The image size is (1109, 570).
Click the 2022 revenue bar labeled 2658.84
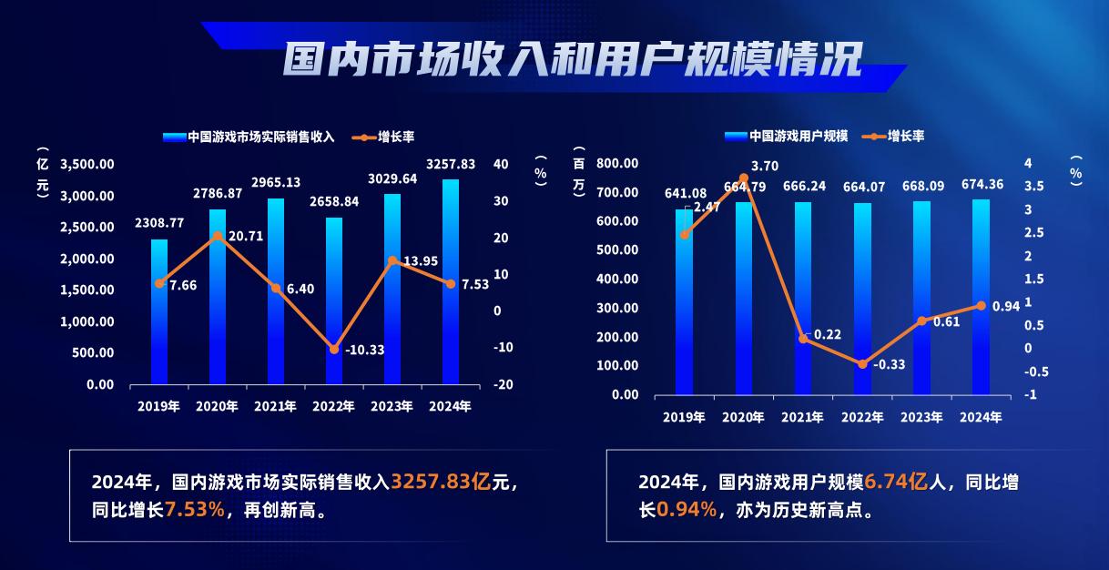tap(334, 301)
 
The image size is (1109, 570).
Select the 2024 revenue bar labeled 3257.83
tap(451, 281)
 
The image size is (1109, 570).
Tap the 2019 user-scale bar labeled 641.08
tap(684, 302)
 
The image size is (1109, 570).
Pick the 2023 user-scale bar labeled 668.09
tap(921, 298)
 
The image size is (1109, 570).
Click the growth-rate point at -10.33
tap(334, 349)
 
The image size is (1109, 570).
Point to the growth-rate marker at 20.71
tap(218, 236)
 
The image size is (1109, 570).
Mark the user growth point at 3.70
tap(744, 178)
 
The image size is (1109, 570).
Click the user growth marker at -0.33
tap(862, 364)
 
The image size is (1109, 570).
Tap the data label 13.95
tap(421, 261)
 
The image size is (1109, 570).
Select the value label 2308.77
tap(159, 223)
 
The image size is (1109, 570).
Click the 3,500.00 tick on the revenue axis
tap(87, 165)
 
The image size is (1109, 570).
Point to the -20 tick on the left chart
tap(503, 384)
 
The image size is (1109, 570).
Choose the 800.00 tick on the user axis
tap(617, 163)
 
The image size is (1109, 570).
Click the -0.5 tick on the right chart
tap(1036, 372)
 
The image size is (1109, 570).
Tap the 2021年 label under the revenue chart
tap(275, 407)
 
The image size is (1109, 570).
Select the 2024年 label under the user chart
tap(981, 417)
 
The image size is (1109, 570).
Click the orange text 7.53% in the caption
tap(195, 510)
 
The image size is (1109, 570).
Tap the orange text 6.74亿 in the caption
tap(896, 482)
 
